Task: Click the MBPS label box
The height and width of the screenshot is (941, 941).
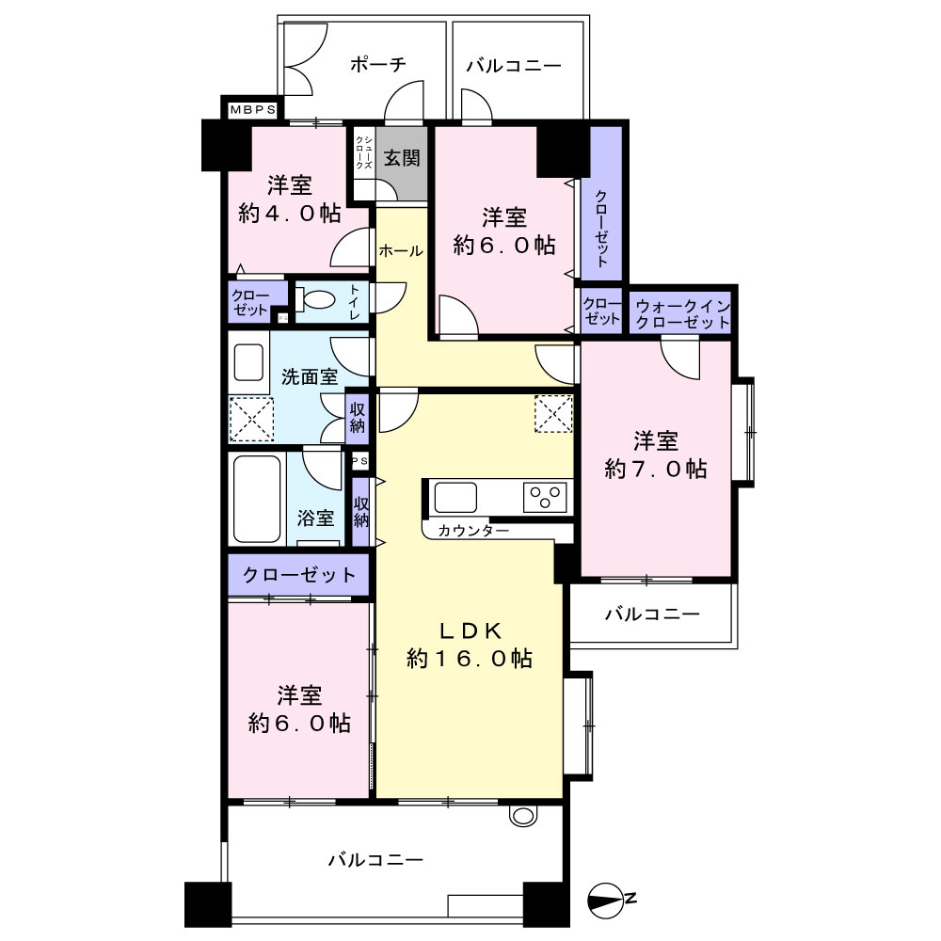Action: (x=252, y=110)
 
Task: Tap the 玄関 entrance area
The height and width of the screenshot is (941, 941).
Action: (x=402, y=163)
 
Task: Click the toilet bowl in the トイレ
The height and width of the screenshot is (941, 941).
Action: (x=317, y=299)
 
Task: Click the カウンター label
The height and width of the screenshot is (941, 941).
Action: (x=473, y=531)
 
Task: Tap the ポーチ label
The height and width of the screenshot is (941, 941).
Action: (x=378, y=64)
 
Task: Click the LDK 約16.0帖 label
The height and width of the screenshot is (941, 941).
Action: (x=470, y=646)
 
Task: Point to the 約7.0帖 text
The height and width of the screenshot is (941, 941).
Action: (x=655, y=469)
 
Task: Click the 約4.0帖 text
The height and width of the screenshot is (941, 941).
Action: (x=289, y=213)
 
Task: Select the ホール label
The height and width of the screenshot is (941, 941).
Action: (x=400, y=251)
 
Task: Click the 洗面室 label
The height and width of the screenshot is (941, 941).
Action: (x=310, y=377)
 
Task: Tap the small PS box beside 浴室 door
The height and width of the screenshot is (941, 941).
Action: (x=359, y=460)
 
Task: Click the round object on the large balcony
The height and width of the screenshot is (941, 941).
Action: (x=521, y=815)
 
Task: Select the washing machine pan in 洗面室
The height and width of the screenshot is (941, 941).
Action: (x=251, y=420)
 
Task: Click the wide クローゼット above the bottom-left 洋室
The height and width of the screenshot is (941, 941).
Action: (x=298, y=575)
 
